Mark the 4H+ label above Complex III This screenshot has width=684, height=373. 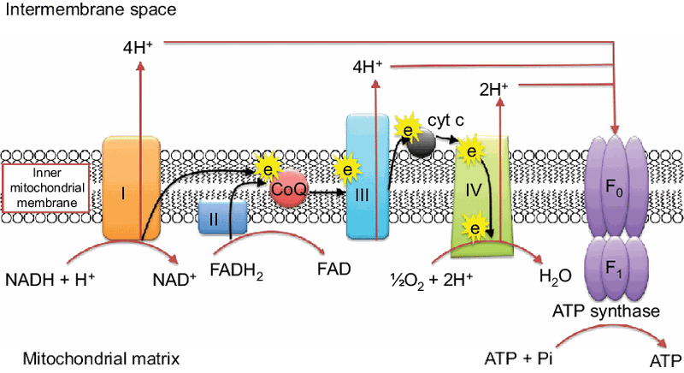point(368,67)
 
